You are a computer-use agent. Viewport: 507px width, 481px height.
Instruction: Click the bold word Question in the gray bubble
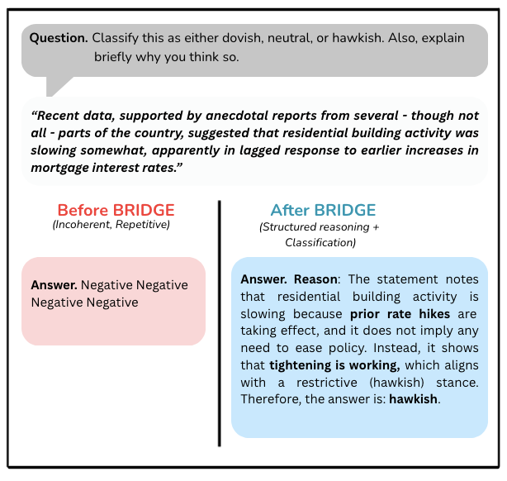(59, 38)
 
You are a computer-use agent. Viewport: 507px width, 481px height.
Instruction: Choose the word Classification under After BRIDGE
(318, 243)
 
